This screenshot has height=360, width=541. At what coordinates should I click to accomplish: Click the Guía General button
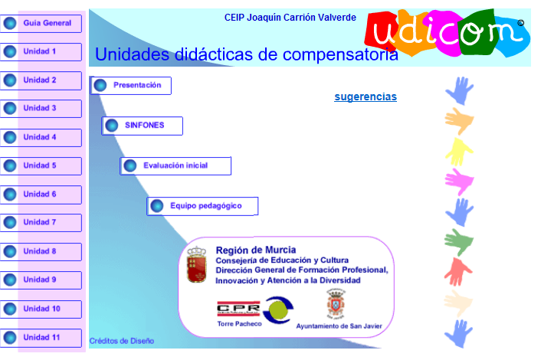41,23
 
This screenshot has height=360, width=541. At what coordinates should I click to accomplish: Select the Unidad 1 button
41,51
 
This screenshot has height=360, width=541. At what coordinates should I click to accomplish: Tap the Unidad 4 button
41,137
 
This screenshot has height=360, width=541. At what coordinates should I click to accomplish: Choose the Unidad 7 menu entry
41,222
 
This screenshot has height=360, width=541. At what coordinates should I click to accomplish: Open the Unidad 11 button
41,337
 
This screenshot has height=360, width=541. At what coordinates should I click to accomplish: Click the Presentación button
131,85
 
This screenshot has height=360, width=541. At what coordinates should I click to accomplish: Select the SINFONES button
143,125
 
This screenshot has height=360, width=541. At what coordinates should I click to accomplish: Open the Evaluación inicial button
175,165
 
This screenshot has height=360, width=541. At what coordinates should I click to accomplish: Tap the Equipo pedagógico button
202,205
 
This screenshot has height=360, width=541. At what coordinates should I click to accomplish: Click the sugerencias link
366,97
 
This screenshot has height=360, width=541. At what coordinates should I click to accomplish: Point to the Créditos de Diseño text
122,340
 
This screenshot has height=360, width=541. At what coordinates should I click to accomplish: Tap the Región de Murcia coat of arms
197,263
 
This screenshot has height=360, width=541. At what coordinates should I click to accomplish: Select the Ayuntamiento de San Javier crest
336,304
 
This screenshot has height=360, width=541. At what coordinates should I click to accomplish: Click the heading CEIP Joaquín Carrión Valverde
290,17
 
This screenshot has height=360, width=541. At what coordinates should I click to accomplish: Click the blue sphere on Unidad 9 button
10,280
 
